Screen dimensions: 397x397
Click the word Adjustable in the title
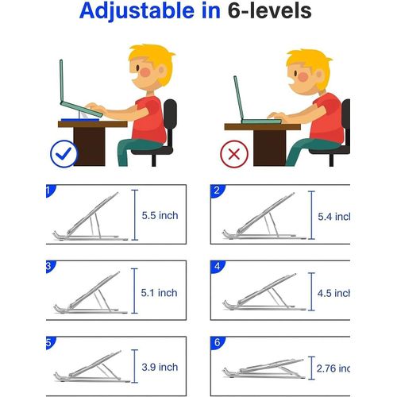point(137,11)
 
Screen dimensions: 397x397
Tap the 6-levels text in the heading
point(269,10)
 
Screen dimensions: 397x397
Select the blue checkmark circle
point(64,154)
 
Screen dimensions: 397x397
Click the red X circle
point(234,154)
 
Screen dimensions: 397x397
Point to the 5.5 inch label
point(160,215)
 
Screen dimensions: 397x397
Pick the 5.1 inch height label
point(159,293)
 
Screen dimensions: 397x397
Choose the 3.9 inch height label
point(160,367)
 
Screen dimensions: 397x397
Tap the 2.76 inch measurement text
point(333,368)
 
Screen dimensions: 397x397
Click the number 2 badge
point(218,191)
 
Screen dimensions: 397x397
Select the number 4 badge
point(218,267)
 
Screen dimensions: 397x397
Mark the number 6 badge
point(218,343)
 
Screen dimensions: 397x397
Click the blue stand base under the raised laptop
point(80,120)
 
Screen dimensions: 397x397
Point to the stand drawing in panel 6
point(264,368)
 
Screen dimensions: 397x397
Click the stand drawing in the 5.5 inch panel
point(91,217)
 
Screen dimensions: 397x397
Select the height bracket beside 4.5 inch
point(312,291)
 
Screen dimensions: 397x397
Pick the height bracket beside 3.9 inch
point(135,366)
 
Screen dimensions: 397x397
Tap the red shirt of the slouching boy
point(327,118)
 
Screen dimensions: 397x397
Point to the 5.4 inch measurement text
point(334,217)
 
